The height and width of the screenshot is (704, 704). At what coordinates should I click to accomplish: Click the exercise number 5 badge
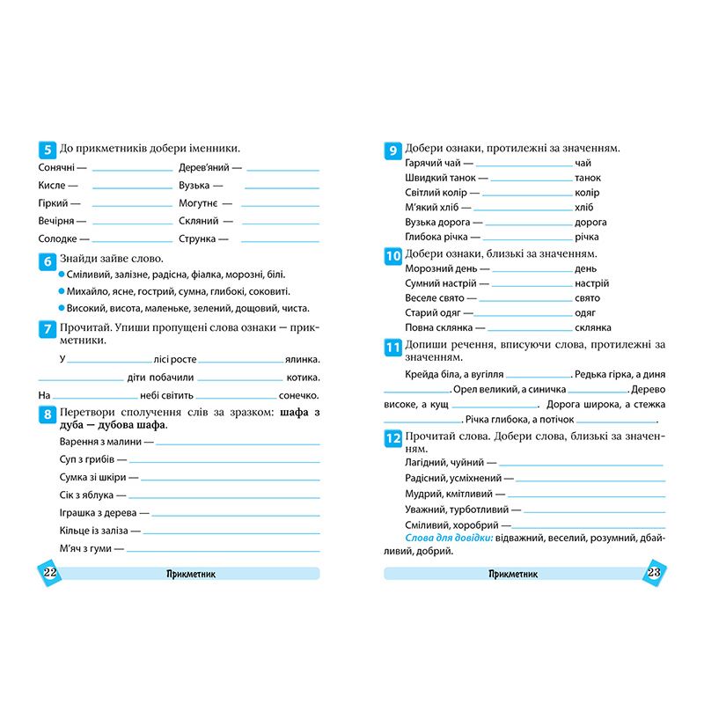[x=47, y=150]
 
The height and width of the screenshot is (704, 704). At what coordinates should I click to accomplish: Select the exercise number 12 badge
[x=393, y=438]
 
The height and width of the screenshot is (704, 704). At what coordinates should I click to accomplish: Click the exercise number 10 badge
[x=393, y=256]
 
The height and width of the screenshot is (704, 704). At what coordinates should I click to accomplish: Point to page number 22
[x=48, y=573]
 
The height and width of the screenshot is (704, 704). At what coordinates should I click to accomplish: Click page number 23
[x=653, y=573]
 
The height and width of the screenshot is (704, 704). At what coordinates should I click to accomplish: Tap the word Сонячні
[x=57, y=167]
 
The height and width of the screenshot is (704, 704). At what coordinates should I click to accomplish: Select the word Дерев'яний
[x=203, y=167]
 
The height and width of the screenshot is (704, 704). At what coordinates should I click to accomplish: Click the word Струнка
[x=197, y=238]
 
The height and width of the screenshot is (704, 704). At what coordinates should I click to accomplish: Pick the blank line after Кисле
[x=132, y=187]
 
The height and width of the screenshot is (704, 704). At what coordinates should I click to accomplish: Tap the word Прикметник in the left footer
[x=191, y=574]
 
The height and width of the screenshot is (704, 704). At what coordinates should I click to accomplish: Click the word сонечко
[x=295, y=395]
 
